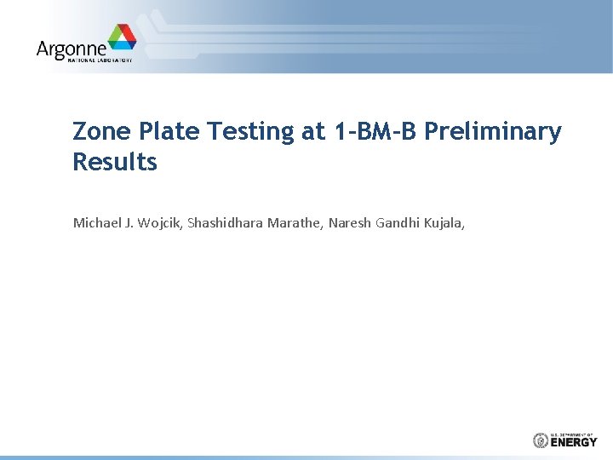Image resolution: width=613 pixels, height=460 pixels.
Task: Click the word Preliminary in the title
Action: coord(493,132)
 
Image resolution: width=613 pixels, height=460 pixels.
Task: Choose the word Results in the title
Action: coord(115,162)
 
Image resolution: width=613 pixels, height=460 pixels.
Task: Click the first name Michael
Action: coord(97,223)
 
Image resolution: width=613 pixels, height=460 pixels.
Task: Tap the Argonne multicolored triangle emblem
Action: coord(121,38)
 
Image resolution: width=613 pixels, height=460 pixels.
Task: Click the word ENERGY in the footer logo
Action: coord(574,442)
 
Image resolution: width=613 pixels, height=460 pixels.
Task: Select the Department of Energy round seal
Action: coord(540,440)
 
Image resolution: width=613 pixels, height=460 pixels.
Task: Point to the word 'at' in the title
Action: coord(312,132)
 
